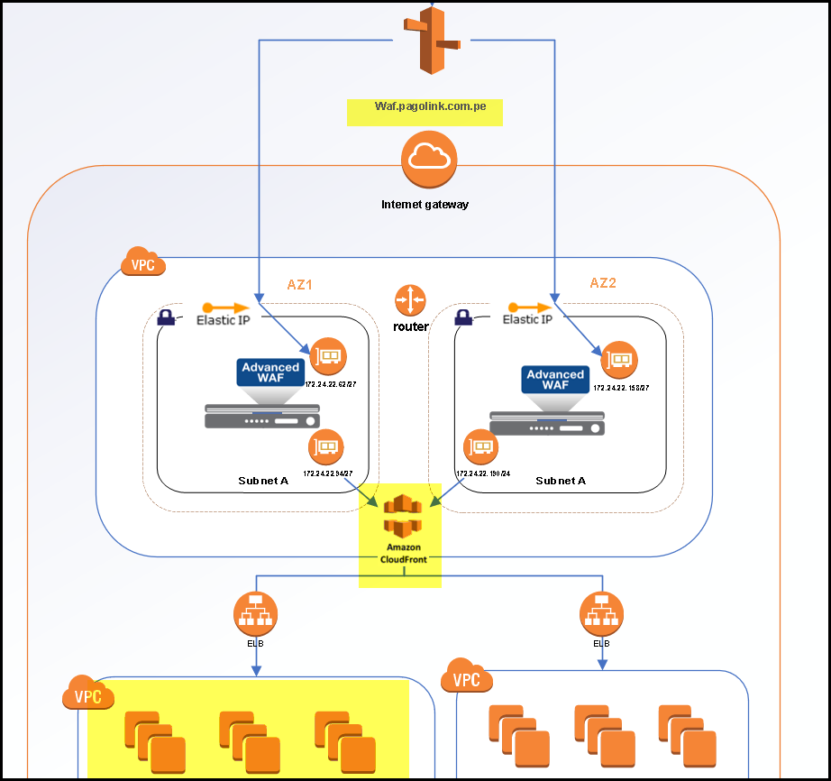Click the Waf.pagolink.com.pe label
[430, 106]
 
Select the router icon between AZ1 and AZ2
[410, 299]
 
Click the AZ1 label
[299, 284]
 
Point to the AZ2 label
[603, 283]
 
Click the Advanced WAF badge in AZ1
[270, 372]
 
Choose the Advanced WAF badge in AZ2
[555, 380]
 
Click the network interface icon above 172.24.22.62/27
[326, 357]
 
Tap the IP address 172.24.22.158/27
[621, 387]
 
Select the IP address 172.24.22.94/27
[328, 473]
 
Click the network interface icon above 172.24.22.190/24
[481, 447]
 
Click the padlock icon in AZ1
[166, 317]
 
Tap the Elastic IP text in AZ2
[527, 319]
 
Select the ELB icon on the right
[601, 613]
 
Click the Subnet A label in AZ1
[263, 481]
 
